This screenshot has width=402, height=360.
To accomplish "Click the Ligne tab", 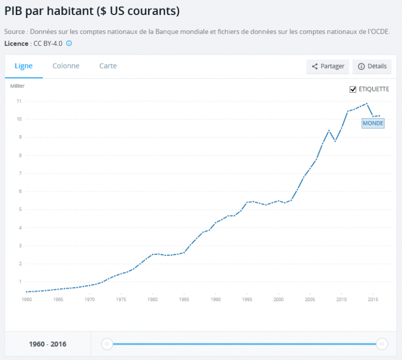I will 24,66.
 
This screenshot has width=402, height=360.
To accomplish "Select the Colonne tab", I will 66,66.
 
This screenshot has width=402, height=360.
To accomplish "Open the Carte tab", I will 108,66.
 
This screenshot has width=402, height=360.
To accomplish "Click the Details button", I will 372,67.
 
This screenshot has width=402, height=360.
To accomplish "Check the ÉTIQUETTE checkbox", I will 353,89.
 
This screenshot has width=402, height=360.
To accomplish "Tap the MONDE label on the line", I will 373,124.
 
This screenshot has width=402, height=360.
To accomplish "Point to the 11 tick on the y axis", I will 19,101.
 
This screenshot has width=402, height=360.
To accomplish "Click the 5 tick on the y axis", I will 19,209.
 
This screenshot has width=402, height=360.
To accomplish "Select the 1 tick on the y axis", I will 19,282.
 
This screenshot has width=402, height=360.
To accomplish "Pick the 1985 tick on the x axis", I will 184,299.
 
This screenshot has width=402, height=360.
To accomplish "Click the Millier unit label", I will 17,86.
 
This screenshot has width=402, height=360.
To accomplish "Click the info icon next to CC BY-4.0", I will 69,43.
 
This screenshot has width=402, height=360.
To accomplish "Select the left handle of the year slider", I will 107,344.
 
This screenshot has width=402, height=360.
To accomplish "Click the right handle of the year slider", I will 382,344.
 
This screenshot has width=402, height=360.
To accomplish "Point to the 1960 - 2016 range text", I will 47,344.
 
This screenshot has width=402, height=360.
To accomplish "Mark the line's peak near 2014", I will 366,104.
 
